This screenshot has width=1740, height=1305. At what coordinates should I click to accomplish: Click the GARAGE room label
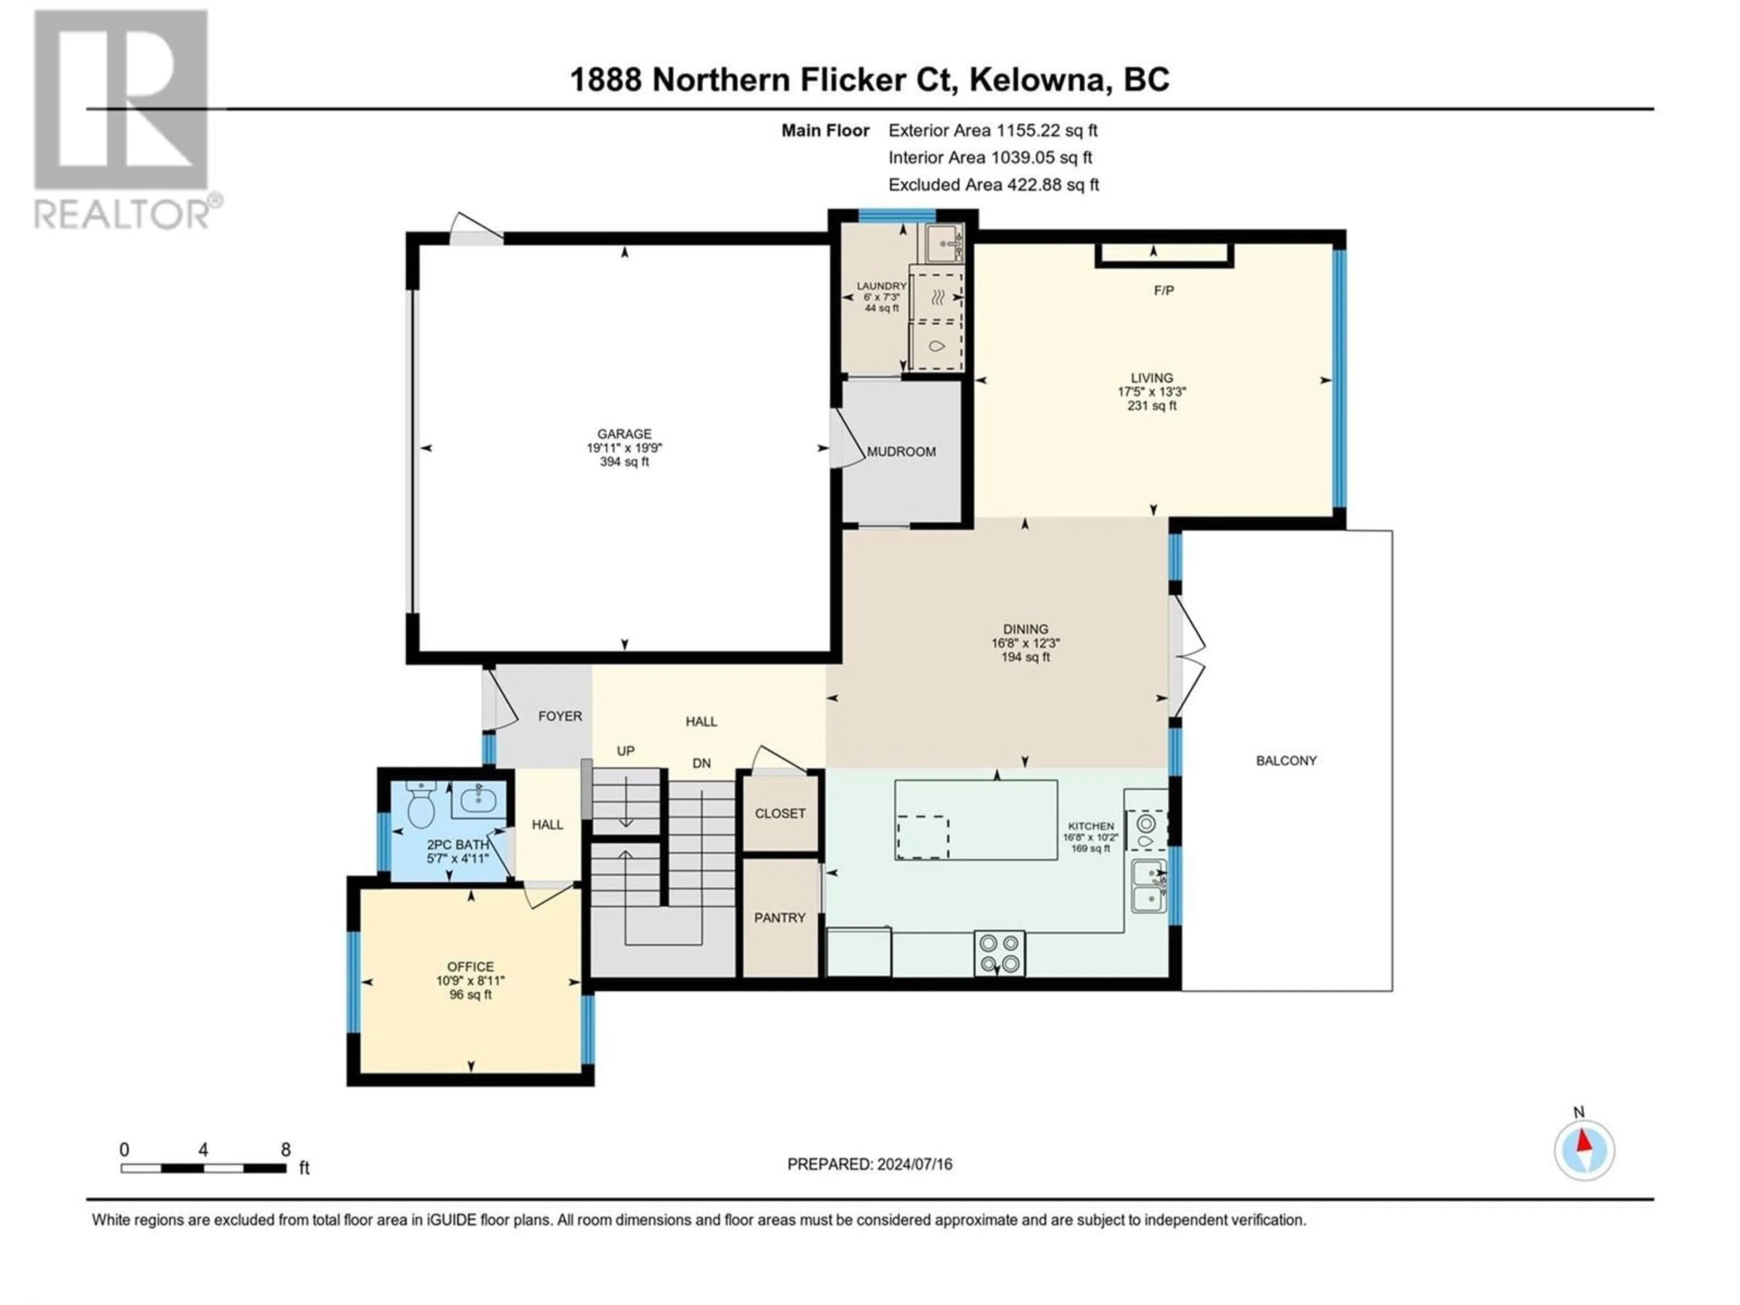pyautogui.click(x=624, y=434)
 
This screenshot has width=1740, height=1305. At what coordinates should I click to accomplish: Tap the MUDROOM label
pyautogui.click(x=901, y=451)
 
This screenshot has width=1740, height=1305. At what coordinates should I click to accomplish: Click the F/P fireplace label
pyautogui.click(x=1164, y=290)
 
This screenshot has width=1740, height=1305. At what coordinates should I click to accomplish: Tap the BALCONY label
pyautogui.click(x=1286, y=761)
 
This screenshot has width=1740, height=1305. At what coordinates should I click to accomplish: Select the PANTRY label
pyautogui.click(x=779, y=917)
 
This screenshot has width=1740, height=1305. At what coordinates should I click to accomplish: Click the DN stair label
pyautogui.click(x=701, y=763)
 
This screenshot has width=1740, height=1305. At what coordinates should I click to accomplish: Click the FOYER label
pyautogui.click(x=560, y=716)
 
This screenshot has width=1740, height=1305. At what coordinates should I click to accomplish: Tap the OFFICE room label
pyautogui.click(x=470, y=967)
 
